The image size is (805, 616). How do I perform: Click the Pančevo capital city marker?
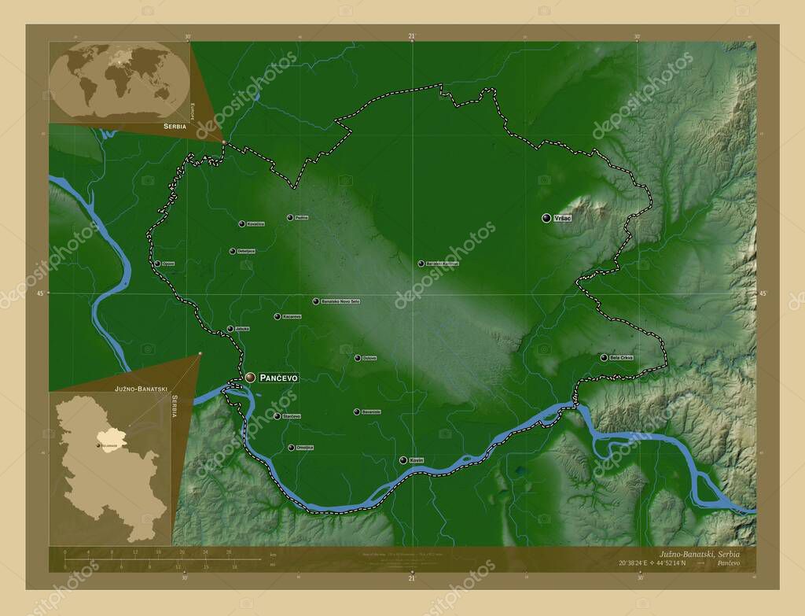click(250, 378)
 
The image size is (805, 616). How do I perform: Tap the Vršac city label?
click(562, 218)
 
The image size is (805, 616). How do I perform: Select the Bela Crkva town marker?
click(604, 357)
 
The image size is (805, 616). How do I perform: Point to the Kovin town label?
click(417, 460)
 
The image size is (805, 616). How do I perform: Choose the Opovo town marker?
click(157, 264)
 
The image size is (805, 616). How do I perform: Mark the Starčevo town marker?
click(277, 416)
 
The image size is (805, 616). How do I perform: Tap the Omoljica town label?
click(305, 448)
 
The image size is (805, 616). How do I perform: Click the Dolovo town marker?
click(357, 358)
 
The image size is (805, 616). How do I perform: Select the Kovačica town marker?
click(242, 223)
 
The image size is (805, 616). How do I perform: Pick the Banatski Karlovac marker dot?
click(421, 264)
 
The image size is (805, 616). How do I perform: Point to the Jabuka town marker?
click(230, 329)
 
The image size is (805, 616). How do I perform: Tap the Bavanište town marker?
click(356, 411)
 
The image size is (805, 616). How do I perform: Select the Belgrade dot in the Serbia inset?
click(98, 446)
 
